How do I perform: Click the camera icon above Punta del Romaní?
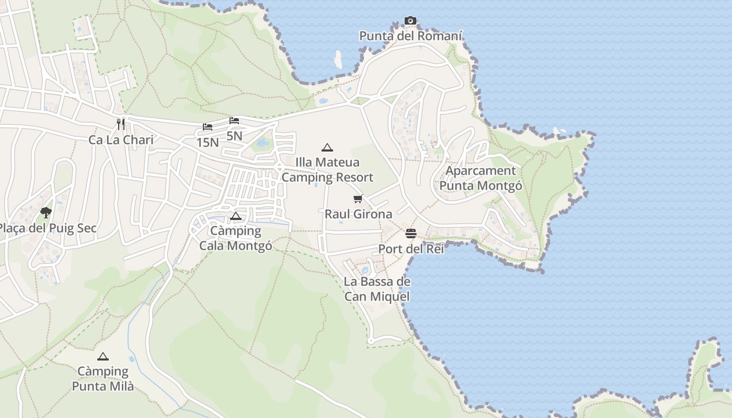coord(410,21)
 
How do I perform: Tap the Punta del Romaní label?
coord(410,36)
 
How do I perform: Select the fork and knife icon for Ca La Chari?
coord(121,124)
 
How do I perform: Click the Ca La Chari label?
coord(121,140)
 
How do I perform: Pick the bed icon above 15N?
coord(208,127)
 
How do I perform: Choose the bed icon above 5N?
coord(234,121)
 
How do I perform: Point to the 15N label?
coord(208,142)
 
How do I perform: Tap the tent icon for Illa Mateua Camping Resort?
coord(327,147)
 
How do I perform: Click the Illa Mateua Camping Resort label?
coord(328,170)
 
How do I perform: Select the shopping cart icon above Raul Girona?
coord(358,199)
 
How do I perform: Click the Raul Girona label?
coord(358,214)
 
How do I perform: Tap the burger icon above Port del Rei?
coord(411,233)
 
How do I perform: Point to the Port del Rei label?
coord(411,249)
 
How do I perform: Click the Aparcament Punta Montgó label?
coord(481,178)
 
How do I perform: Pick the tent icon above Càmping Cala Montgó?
coord(236,216)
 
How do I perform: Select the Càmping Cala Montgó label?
coord(236,238)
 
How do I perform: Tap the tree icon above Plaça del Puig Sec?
coord(46,212)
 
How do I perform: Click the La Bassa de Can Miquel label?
coord(376,289)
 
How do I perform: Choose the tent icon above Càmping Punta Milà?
coord(103,356)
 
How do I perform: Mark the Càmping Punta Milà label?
coord(103,379)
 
